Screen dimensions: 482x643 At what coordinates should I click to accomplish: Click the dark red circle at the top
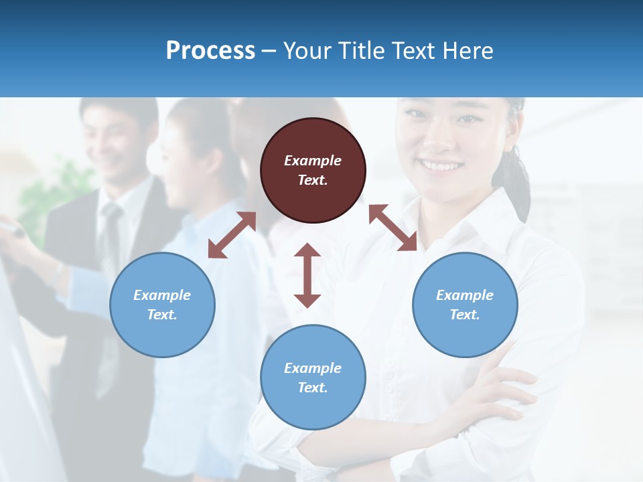point(313,170)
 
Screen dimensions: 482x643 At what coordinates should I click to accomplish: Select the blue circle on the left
point(162,305)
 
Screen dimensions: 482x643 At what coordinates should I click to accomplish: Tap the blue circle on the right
point(465,305)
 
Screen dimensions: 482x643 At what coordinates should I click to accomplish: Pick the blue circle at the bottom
point(313,378)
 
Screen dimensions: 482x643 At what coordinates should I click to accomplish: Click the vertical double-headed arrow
point(307,275)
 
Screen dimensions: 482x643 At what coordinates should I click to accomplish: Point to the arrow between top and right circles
point(392,228)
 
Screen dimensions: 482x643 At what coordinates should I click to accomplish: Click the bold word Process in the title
point(210,51)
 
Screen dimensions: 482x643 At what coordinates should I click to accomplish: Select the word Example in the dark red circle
point(313,161)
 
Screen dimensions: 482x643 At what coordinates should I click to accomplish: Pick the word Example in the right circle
point(465,295)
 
